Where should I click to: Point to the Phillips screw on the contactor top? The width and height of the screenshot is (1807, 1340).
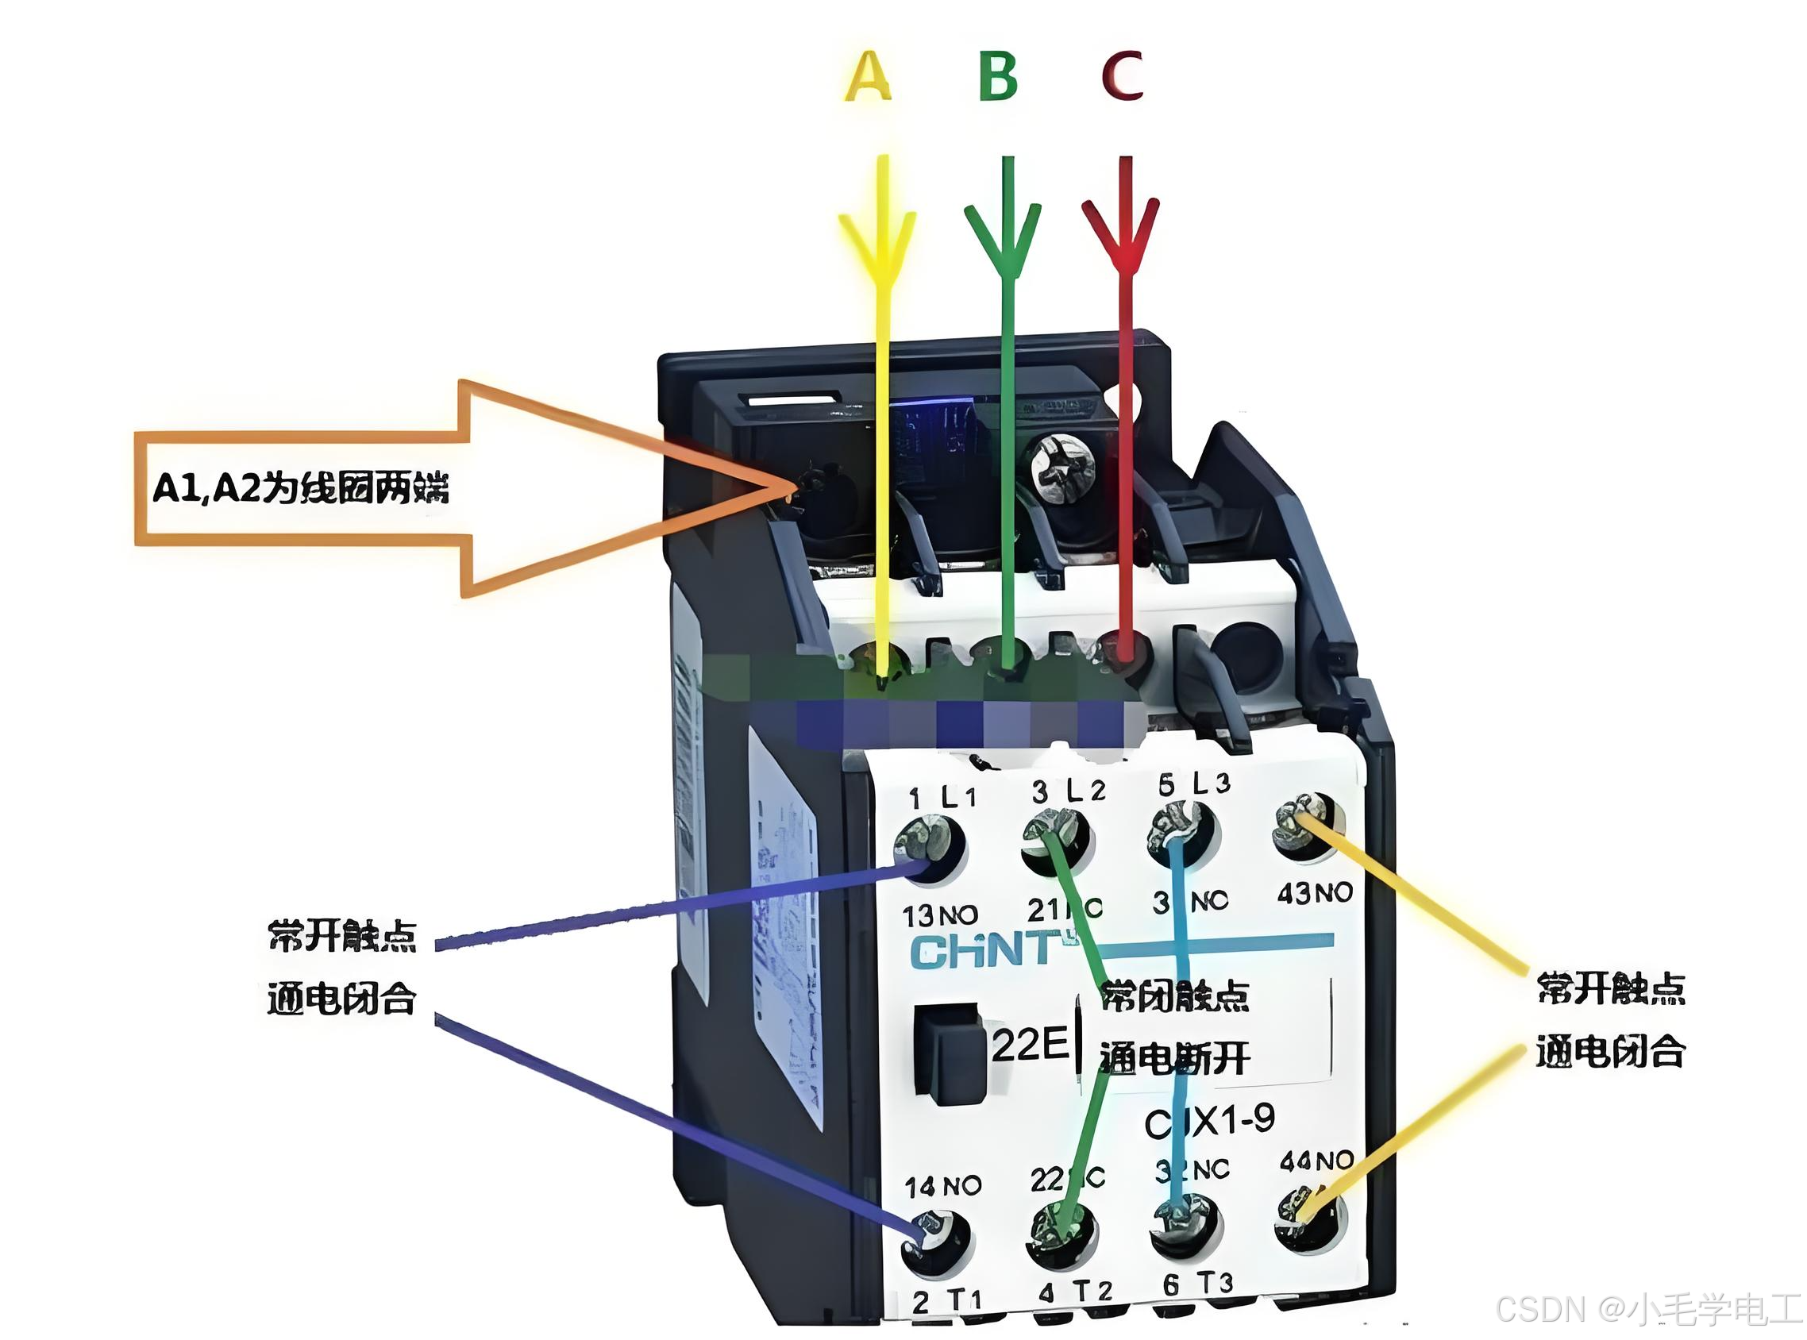click(1061, 468)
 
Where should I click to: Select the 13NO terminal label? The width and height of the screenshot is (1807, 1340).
click(940, 916)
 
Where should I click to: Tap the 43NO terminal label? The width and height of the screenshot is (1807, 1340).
click(1315, 893)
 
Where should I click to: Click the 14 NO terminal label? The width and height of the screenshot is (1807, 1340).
click(942, 1187)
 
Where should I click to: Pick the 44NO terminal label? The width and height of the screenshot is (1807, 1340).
click(1316, 1161)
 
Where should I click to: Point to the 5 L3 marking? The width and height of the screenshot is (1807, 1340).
click(1194, 784)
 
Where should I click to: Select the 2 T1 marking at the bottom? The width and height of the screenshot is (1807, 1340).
click(946, 1302)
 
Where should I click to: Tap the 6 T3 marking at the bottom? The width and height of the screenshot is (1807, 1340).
click(1197, 1284)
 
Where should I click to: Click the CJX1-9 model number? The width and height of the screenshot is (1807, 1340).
click(1209, 1121)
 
